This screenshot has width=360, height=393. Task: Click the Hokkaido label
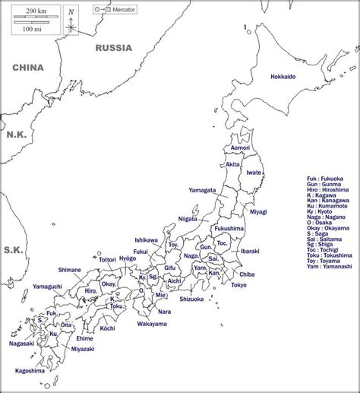coord(283,77)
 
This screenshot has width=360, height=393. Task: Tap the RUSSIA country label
coord(113,47)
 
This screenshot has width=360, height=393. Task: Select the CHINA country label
coord(27,68)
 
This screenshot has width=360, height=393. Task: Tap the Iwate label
coord(254,173)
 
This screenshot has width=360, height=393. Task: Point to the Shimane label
coord(69,269)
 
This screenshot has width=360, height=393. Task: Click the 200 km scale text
coord(31,11)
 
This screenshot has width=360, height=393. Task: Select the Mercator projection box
coord(110,9)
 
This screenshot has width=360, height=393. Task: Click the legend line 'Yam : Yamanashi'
coord(327,267)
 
